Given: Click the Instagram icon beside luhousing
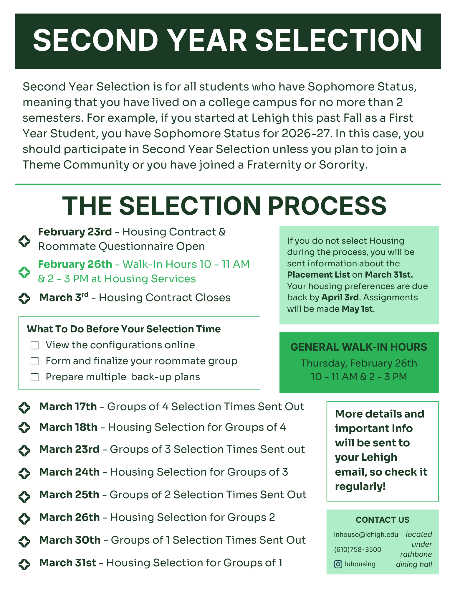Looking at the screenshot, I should click(338, 564).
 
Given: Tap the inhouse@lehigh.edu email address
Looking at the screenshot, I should click(366, 534).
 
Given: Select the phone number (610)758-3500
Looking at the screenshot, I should click(358, 550).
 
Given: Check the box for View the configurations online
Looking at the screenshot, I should click(35, 345).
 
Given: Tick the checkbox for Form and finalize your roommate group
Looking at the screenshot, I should click(35, 361).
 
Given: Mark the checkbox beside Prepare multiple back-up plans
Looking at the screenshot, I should click(35, 377).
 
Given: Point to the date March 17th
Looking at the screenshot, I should click(68, 407).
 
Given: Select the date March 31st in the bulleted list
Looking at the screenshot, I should click(68, 563).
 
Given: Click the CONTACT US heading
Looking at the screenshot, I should click(382, 520).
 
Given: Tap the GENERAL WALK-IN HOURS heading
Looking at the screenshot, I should click(359, 347).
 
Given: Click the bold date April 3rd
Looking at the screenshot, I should click(340, 297).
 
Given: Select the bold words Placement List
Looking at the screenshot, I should click(318, 275).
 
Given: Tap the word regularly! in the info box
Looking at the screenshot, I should click(360, 486).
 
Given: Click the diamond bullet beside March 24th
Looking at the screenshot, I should click(24, 473).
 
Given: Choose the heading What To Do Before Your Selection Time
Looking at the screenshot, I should click(124, 329).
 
